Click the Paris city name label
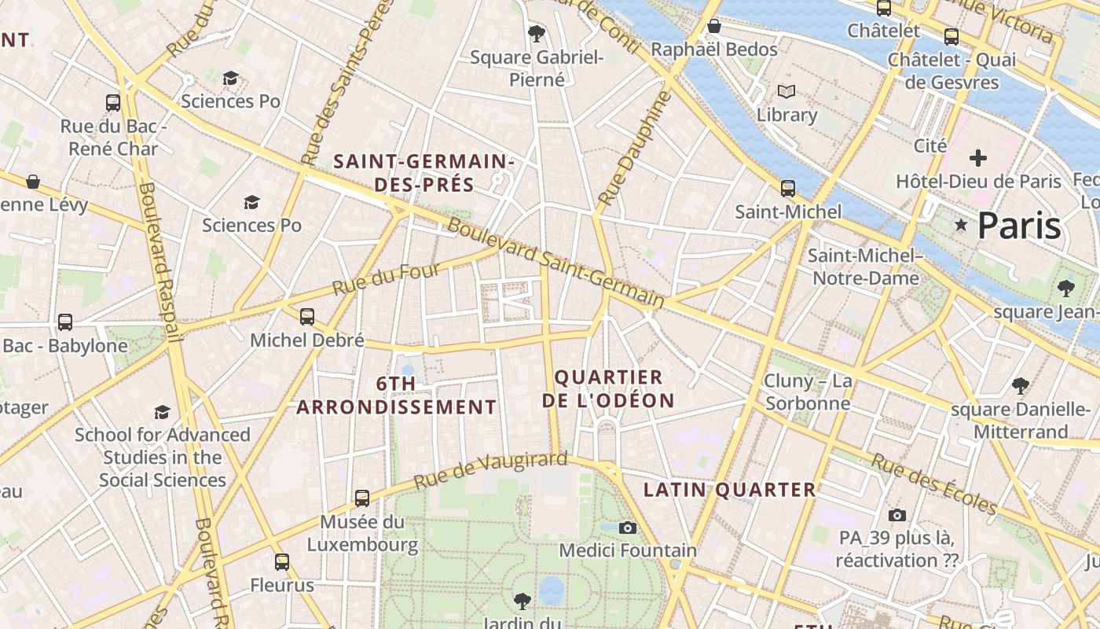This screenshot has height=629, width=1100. (1019, 226)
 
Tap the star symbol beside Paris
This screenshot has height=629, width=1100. (960, 226)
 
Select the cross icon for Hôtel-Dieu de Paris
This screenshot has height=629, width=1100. (977, 158)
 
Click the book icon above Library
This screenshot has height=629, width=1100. (786, 91)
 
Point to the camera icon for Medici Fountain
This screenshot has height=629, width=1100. (627, 528)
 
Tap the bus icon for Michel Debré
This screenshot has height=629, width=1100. (307, 317)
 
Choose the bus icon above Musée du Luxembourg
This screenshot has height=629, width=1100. (361, 498)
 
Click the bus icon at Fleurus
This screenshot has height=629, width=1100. (282, 562)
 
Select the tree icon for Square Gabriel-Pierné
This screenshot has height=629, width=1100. (537, 33)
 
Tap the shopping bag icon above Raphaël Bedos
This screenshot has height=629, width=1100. (714, 27)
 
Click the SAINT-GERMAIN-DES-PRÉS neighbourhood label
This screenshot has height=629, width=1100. (424, 173)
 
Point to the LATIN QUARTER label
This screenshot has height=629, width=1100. (730, 490)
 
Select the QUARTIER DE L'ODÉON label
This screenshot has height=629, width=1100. (609, 388)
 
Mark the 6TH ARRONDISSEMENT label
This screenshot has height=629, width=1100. (396, 395)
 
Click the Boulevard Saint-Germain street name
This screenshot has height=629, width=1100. (555, 263)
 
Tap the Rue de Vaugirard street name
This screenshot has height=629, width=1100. (490, 470)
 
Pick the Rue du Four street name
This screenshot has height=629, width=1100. (387, 280)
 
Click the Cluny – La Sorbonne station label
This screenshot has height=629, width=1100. (808, 392)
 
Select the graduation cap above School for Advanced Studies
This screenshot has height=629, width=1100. (163, 412)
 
